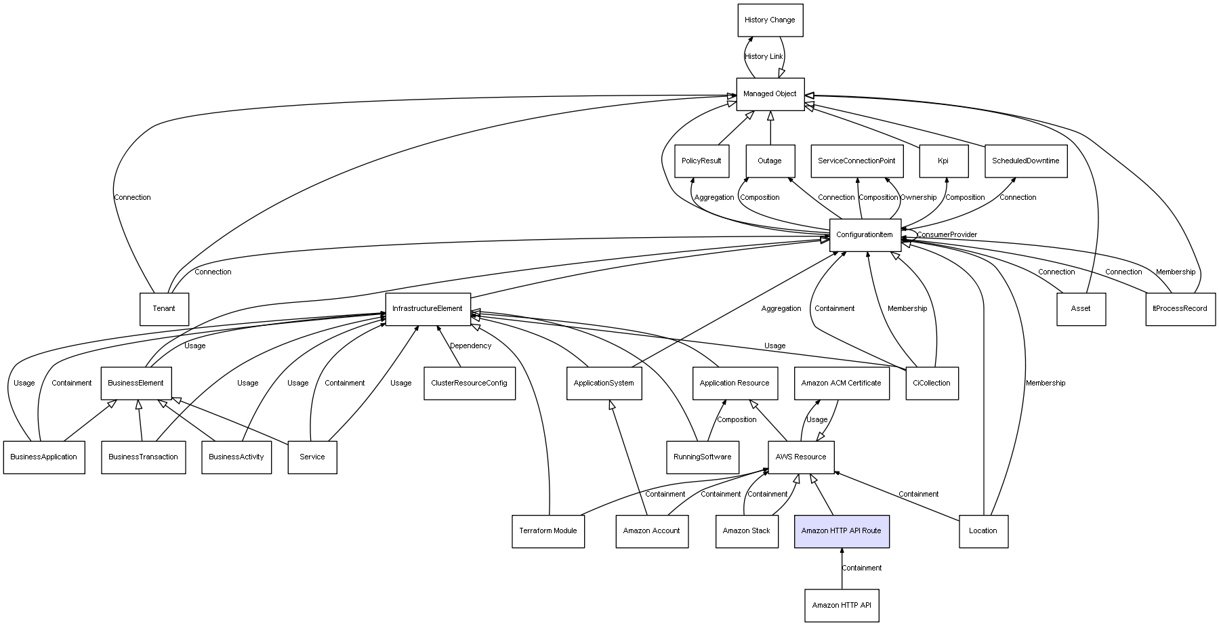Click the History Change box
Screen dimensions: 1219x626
pyautogui.click(x=770, y=20)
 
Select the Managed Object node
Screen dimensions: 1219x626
pyautogui.click(x=770, y=94)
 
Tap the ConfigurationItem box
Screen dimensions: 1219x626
pyautogui.click(x=865, y=235)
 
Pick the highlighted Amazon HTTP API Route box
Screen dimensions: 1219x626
pyautogui.click(x=842, y=531)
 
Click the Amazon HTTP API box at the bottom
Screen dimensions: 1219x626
pyautogui.click(x=842, y=606)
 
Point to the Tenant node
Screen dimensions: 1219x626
pyautogui.click(x=164, y=309)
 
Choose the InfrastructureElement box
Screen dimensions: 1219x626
pyautogui.click(x=428, y=309)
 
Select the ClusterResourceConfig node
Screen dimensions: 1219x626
pyautogui.click(x=469, y=383)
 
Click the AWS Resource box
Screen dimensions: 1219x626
pyautogui.click(x=801, y=457)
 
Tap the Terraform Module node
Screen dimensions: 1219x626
pyautogui.click(x=548, y=531)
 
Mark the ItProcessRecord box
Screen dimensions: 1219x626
pyautogui.click(x=1180, y=309)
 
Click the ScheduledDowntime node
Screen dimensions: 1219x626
pyautogui.click(x=1026, y=161)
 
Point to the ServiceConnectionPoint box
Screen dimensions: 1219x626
pyautogui.click(x=856, y=161)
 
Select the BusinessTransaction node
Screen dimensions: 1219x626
pyautogui.click(x=144, y=457)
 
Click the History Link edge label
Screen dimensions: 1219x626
pyautogui.click(x=764, y=57)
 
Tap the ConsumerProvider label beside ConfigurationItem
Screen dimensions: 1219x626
pyautogui.click(x=947, y=235)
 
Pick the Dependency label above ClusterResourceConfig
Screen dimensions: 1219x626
pyautogui.click(x=471, y=346)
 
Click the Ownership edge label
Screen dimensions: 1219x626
pyautogui.click(x=918, y=198)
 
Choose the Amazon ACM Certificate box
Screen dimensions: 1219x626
pyautogui.click(x=842, y=383)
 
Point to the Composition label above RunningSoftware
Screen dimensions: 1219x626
pyautogui.click(x=737, y=420)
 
